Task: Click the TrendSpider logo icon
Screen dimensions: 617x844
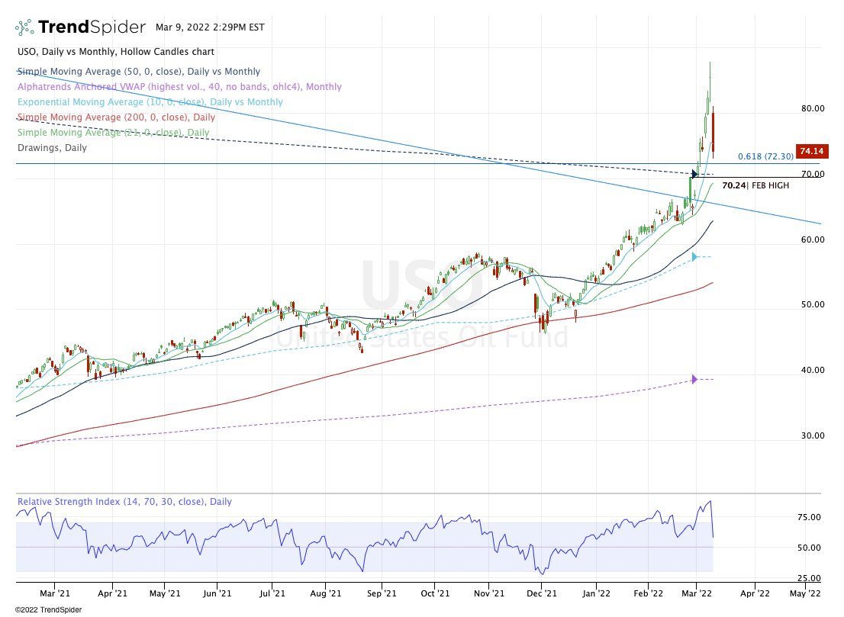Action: (24, 27)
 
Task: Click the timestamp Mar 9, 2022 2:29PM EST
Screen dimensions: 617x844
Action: (210, 27)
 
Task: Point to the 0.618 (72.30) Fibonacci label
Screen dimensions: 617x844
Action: (765, 156)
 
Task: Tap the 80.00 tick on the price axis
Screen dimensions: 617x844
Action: (812, 108)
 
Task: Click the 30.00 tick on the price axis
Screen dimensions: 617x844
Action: (812, 435)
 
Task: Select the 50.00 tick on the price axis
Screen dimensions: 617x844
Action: (812, 304)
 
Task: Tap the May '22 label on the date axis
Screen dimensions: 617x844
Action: (804, 592)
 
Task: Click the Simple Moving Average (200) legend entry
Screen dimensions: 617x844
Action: (116, 117)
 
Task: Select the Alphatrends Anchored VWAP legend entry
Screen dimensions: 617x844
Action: (179, 87)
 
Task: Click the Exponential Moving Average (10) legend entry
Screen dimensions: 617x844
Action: (150, 102)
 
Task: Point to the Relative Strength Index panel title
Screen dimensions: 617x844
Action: (124, 502)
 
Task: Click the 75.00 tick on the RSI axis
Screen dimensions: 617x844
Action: (812, 517)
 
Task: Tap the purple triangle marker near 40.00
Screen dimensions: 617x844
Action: (694, 379)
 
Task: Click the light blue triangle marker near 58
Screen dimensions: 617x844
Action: (694, 257)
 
